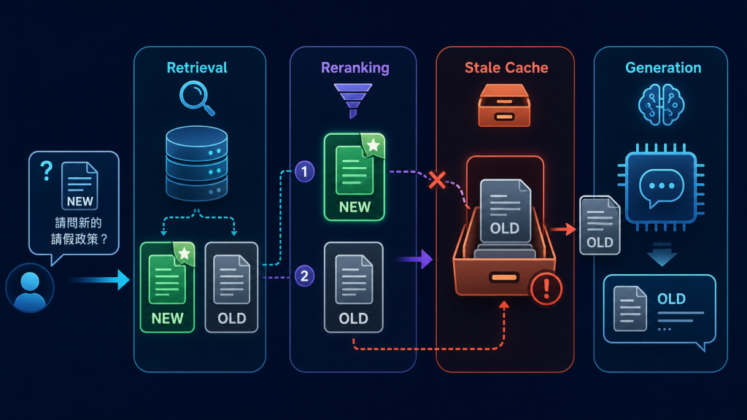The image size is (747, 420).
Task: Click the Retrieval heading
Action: click(197, 68)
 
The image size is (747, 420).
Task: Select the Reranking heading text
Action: click(355, 68)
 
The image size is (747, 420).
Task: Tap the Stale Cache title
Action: click(506, 68)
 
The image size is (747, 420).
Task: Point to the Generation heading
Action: click(663, 68)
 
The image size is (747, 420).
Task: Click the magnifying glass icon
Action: click(196, 98)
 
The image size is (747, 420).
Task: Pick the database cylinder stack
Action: click(197, 163)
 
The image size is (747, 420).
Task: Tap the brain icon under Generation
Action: click(661, 104)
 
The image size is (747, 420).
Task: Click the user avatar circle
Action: click(30, 287)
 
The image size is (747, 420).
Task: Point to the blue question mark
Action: click(46, 171)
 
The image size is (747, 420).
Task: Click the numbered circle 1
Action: click(304, 171)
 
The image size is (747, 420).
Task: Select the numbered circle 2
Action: click(304, 276)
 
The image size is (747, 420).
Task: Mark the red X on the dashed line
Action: click(437, 180)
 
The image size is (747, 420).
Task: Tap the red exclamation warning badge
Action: click(546, 288)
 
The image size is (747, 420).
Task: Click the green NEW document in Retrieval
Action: click(168, 287)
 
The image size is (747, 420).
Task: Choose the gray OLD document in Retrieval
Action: click(231, 287)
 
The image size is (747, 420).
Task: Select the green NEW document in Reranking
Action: click(355, 176)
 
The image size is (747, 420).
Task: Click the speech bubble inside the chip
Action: click(661, 187)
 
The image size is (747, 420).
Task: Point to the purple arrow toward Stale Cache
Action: click(414, 260)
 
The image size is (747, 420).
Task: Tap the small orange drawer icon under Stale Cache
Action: click(504, 105)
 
